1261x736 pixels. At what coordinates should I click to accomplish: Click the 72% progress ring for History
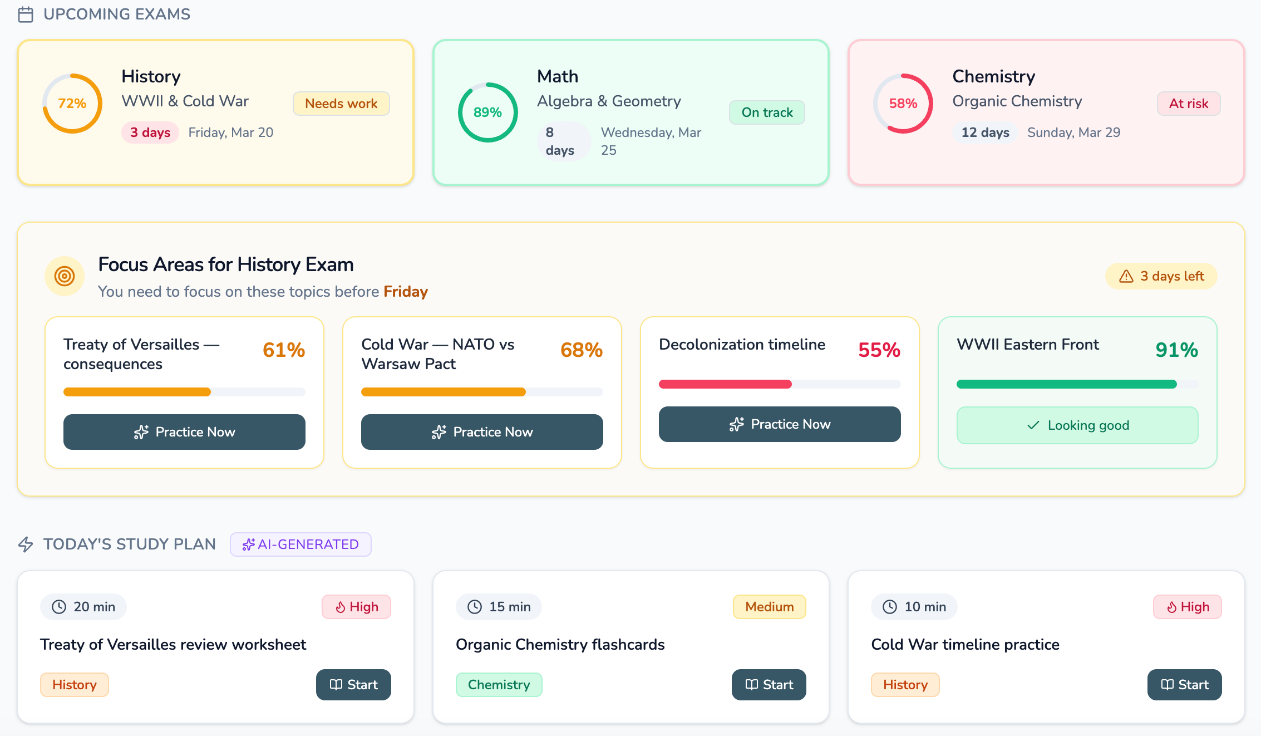[72, 104]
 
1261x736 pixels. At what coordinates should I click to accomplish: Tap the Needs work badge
[341, 104]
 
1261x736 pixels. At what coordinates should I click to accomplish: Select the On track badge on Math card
[767, 112]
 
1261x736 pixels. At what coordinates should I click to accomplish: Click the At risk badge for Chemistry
[1188, 104]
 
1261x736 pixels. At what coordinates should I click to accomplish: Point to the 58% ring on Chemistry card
[903, 104]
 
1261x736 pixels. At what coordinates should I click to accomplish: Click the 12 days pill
[985, 133]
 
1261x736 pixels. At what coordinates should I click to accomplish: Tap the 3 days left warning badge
[1161, 276]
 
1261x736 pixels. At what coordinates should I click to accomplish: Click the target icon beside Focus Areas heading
[65, 276]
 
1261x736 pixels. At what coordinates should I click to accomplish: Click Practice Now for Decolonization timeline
[780, 424]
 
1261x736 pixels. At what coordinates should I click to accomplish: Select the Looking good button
[1077, 425]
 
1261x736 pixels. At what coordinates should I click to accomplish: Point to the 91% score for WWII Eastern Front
[1176, 350]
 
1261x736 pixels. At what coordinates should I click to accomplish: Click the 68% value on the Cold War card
[581, 350]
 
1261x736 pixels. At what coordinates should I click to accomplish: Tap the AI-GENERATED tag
[301, 544]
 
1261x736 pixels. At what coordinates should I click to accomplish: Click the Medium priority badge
[769, 607]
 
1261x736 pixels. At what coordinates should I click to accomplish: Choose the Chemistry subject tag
[499, 685]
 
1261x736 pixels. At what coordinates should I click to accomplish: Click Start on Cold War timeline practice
[1184, 685]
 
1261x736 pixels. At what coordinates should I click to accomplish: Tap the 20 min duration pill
[83, 607]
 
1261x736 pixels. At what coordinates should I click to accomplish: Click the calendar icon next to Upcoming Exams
[26, 14]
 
